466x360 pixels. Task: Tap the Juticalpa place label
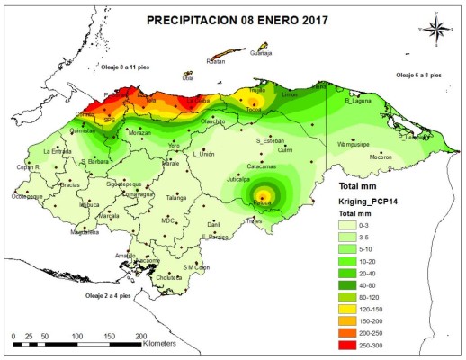[x=238, y=180]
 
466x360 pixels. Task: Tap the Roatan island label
[x=215, y=61]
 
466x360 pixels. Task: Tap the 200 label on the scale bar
[x=141, y=335]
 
